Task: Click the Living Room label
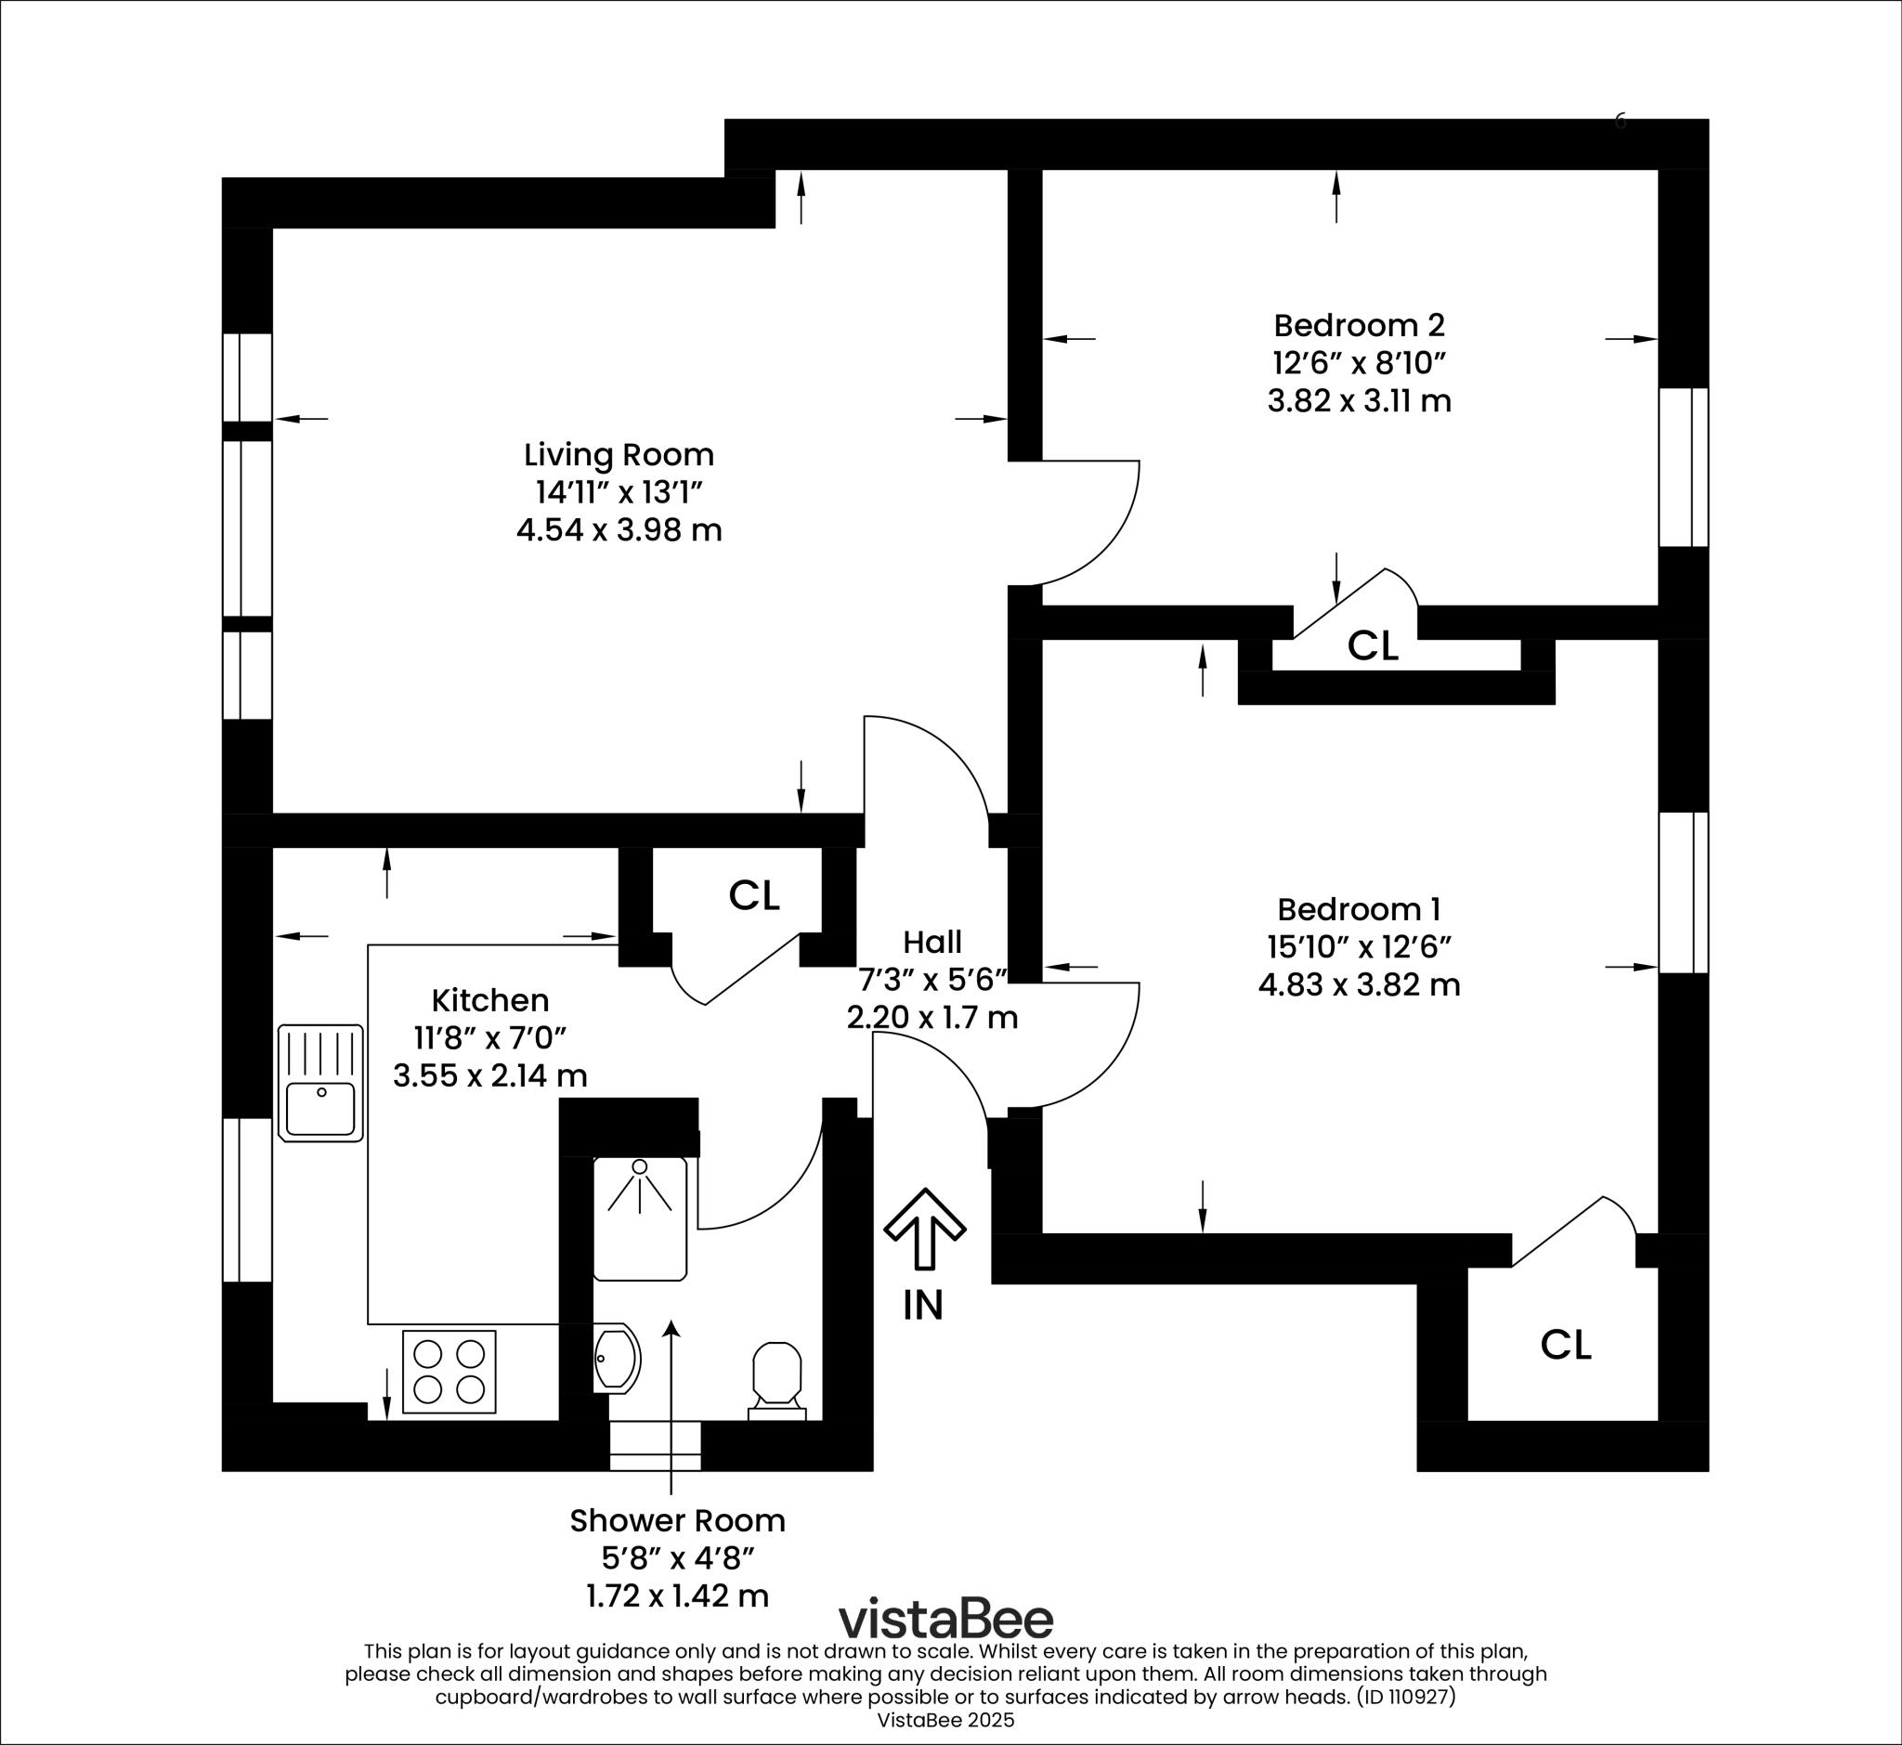coord(619,455)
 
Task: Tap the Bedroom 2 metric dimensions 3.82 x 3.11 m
coord(1359,401)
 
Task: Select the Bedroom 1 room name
coord(1359,909)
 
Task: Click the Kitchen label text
coord(490,1000)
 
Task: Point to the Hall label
coord(932,942)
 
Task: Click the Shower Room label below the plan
coord(677,1520)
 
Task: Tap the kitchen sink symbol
coord(321,1083)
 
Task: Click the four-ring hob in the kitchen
coord(449,1372)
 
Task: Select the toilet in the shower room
coord(776,1377)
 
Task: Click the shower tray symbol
coord(640,1218)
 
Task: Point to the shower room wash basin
coord(616,1359)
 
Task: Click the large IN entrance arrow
coord(925,1228)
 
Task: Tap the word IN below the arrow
coord(922,1305)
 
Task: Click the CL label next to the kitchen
coord(753,895)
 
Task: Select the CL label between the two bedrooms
coord(1373,645)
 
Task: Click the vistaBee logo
coord(946,1619)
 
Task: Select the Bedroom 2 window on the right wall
coord(1684,467)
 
